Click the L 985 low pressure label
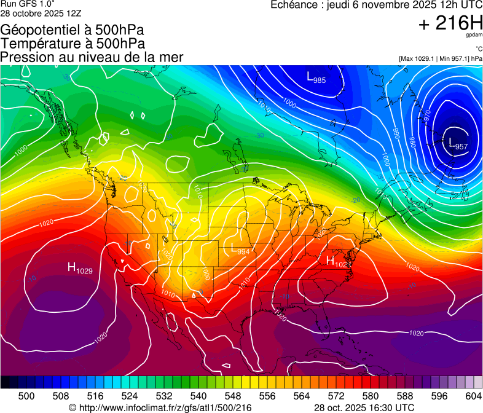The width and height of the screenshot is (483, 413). click(x=316, y=77)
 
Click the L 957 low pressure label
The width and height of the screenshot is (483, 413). click(x=458, y=144)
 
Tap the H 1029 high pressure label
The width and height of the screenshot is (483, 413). click(x=80, y=268)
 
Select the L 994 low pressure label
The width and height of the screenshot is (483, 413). click(x=240, y=250)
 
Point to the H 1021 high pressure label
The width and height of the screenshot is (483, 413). click(x=339, y=261)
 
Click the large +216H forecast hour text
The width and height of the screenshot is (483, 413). click(x=450, y=24)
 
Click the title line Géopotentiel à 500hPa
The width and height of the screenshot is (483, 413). click(x=73, y=29)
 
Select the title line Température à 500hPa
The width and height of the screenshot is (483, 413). click(x=73, y=43)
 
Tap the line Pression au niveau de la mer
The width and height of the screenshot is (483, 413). click(x=92, y=57)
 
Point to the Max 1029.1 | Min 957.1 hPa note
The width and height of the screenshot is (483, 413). click(x=440, y=58)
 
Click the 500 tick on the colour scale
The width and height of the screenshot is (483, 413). click(x=26, y=395)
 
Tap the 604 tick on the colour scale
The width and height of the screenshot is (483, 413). click(x=473, y=395)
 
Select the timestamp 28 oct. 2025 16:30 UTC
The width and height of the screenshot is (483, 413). click(x=364, y=407)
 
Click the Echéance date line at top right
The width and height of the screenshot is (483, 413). click(x=376, y=6)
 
